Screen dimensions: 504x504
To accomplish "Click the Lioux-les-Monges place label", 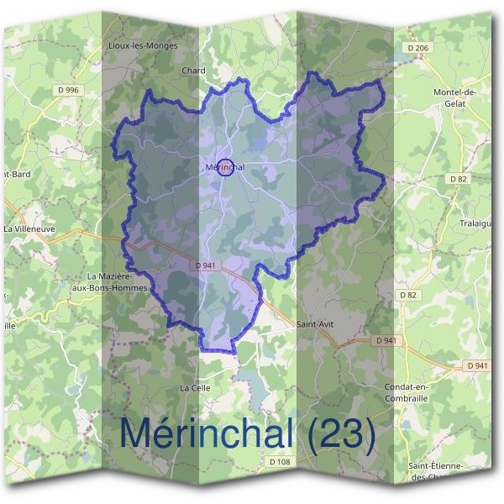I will (x=143, y=45).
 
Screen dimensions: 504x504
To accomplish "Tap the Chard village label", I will (x=193, y=71).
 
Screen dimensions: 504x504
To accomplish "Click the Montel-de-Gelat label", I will (x=454, y=97).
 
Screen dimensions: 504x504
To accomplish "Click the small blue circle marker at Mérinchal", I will (x=224, y=166).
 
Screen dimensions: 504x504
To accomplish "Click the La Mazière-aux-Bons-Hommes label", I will (x=118, y=281).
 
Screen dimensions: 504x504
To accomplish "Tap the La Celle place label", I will (x=195, y=388).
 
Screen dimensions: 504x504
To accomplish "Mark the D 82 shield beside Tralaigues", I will (x=458, y=179).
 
